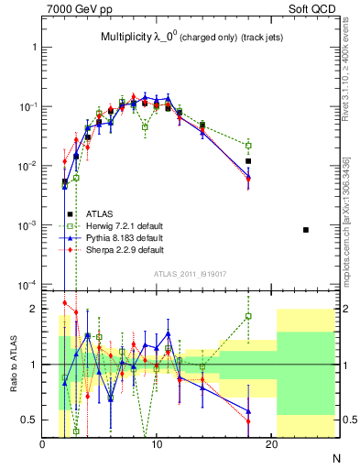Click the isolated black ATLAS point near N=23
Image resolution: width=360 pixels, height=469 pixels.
point(306,229)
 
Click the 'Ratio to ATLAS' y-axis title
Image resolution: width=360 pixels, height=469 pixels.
point(12,364)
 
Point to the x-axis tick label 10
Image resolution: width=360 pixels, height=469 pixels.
point(157,446)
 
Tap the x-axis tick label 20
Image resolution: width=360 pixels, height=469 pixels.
point(271,446)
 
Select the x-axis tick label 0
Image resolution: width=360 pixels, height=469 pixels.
point(42,446)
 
